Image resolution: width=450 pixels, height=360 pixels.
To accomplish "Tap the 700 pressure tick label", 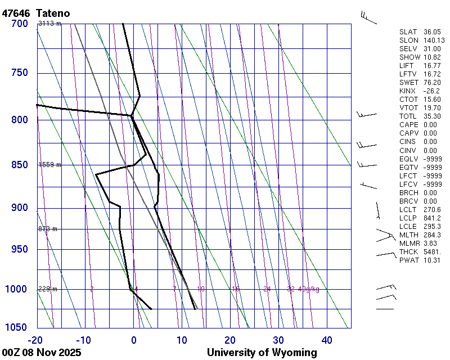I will click(19, 24).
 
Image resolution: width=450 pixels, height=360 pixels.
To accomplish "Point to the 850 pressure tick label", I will click(19, 165).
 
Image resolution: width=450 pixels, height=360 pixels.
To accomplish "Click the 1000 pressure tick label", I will click(16, 289).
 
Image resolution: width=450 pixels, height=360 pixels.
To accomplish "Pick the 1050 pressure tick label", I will click(16, 328).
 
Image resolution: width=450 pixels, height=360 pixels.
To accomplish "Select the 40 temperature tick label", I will click(327, 340).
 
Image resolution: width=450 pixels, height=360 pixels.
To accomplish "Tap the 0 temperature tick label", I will click(134, 340).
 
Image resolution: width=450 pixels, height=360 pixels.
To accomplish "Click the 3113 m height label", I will click(49, 24).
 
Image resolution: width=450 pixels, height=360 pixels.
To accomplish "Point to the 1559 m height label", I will click(49, 165).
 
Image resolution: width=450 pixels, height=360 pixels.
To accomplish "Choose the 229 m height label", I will click(47, 289).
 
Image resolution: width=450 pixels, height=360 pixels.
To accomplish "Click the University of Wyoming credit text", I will click(262, 353).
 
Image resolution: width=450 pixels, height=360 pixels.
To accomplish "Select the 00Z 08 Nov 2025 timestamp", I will click(42, 353).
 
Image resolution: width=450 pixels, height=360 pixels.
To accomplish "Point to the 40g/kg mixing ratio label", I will click(309, 289).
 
